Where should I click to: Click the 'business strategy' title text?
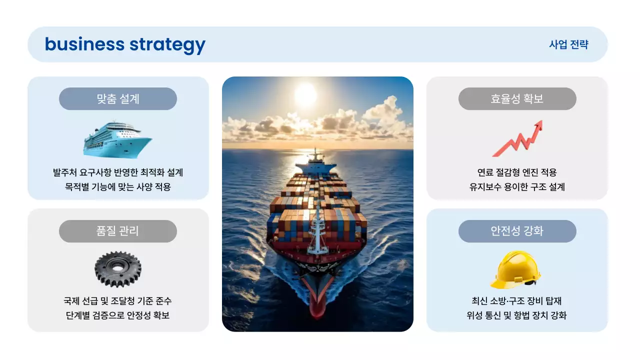pyautogui.click(x=125, y=44)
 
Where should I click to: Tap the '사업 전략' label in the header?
pyautogui.click(x=568, y=44)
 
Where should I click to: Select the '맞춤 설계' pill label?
pyautogui.click(x=118, y=99)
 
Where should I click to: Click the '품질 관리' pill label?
pyautogui.click(x=118, y=231)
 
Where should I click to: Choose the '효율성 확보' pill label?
pyautogui.click(x=517, y=99)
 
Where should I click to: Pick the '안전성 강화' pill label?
pyautogui.click(x=517, y=231)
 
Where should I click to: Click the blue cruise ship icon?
pyautogui.click(x=117, y=138)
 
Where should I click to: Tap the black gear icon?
pyautogui.click(x=117, y=269)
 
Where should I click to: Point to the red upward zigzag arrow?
pyautogui.click(x=517, y=138)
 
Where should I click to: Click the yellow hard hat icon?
pyautogui.click(x=515, y=269)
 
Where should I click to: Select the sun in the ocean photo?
pyautogui.click(x=305, y=93)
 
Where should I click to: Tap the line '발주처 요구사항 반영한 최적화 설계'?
pyautogui.click(x=118, y=173)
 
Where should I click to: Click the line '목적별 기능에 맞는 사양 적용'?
pyautogui.click(x=118, y=187)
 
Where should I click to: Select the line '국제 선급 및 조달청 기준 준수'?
pyautogui.click(x=118, y=301)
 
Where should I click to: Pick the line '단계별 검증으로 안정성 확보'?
pyautogui.click(x=118, y=316)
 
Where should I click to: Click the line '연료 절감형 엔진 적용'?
pyautogui.click(x=517, y=173)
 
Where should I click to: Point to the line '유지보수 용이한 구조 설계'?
pyautogui.click(x=517, y=187)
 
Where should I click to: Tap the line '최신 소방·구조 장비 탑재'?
pyautogui.click(x=517, y=301)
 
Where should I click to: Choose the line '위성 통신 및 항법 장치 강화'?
pyautogui.click(x=517, y=316)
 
